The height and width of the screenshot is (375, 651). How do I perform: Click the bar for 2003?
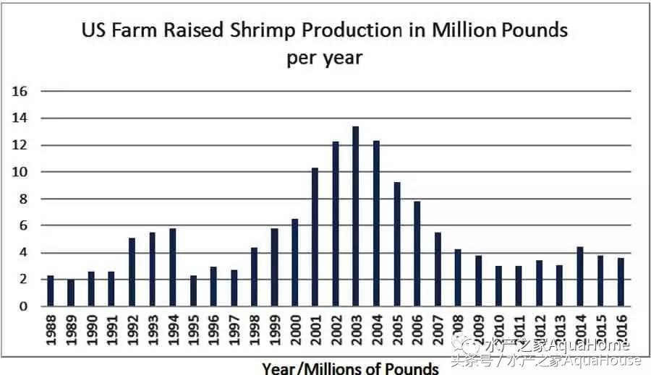(x=355, y=216)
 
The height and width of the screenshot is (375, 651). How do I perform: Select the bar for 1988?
(x=50, y=290)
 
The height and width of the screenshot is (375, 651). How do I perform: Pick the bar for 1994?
(x=172, y=267)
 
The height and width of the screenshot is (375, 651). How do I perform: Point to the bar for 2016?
(x=621, y=282)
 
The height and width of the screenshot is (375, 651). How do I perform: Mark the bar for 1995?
(x=192, y=290)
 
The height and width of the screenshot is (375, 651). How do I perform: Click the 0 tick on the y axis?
(x=23, y=306)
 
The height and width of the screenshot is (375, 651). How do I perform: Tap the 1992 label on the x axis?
(x=132, y=332)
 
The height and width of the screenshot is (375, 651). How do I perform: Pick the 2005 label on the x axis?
(x=396, y=332)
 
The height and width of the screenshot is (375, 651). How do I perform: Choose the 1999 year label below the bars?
(x=274, y=332)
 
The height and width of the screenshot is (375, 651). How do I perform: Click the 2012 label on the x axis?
(x=539, y=332)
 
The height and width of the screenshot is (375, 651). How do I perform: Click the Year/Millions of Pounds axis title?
(x=350, y=368)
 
